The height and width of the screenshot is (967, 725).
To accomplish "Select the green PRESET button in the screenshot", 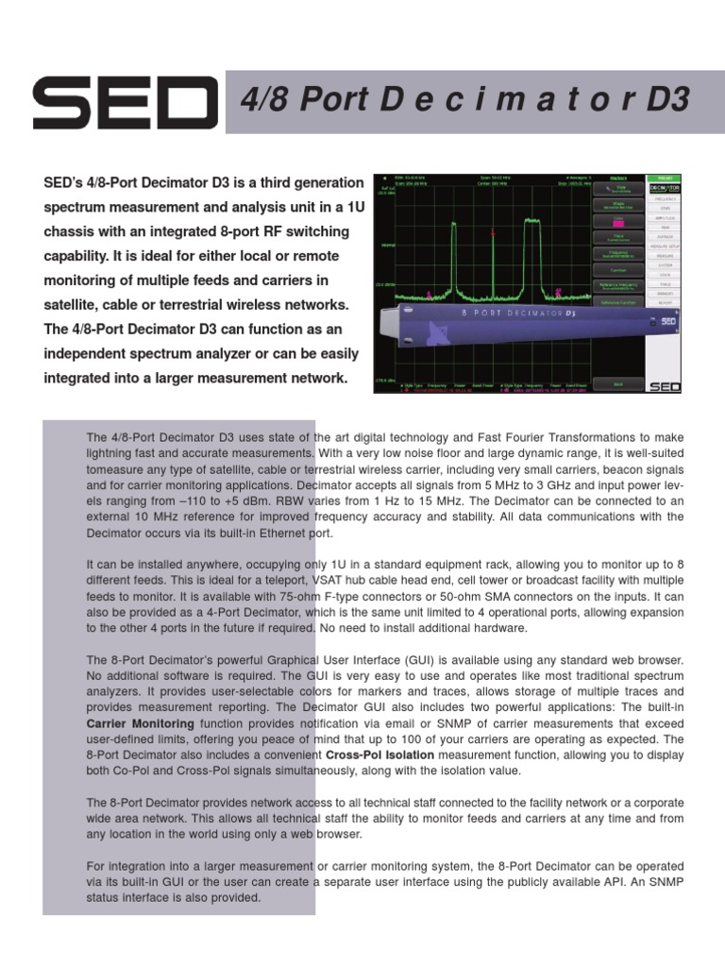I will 666,177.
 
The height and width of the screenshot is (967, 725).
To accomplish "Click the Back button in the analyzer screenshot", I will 618,384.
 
